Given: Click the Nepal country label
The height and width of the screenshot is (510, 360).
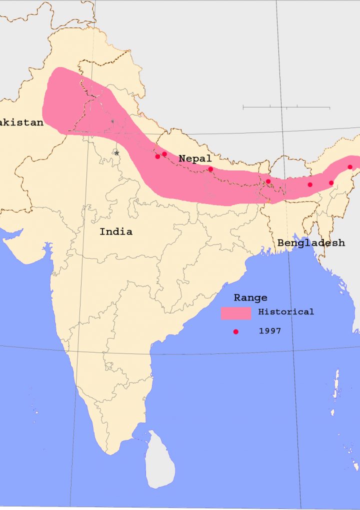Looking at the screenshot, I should click(x=195, y=158).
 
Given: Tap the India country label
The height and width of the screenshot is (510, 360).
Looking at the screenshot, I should click(x=116, y=231).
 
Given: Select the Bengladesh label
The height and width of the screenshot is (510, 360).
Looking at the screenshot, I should click(x=311, y=242).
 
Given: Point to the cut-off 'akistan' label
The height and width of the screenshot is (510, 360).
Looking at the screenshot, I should click(x=21, y=122).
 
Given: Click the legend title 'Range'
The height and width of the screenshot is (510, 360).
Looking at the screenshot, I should click(x=250, y=297).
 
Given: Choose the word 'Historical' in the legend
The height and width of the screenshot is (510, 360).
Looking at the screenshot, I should click(x=286, y=311).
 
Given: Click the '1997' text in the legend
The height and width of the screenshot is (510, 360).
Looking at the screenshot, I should click(x=270, y=331).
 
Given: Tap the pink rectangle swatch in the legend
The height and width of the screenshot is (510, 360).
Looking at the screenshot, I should click(x=236, y=313).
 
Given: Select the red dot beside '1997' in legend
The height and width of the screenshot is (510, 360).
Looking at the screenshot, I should click(x=236, y=331).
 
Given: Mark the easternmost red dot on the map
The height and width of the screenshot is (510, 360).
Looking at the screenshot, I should click(x=350, y=167).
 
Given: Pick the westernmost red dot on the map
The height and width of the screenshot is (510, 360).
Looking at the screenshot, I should click(x=157, y=156).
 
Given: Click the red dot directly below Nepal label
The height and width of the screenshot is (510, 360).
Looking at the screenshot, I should click(x=210, y=169).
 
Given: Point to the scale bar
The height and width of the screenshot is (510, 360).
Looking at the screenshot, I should click(x=286, y=107).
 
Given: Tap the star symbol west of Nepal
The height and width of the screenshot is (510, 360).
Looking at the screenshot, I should click(x=116, y=152).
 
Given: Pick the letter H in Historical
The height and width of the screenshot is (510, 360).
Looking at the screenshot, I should click(x=261, y=311).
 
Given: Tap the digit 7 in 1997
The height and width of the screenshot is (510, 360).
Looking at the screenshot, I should click(x=278, y=331).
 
